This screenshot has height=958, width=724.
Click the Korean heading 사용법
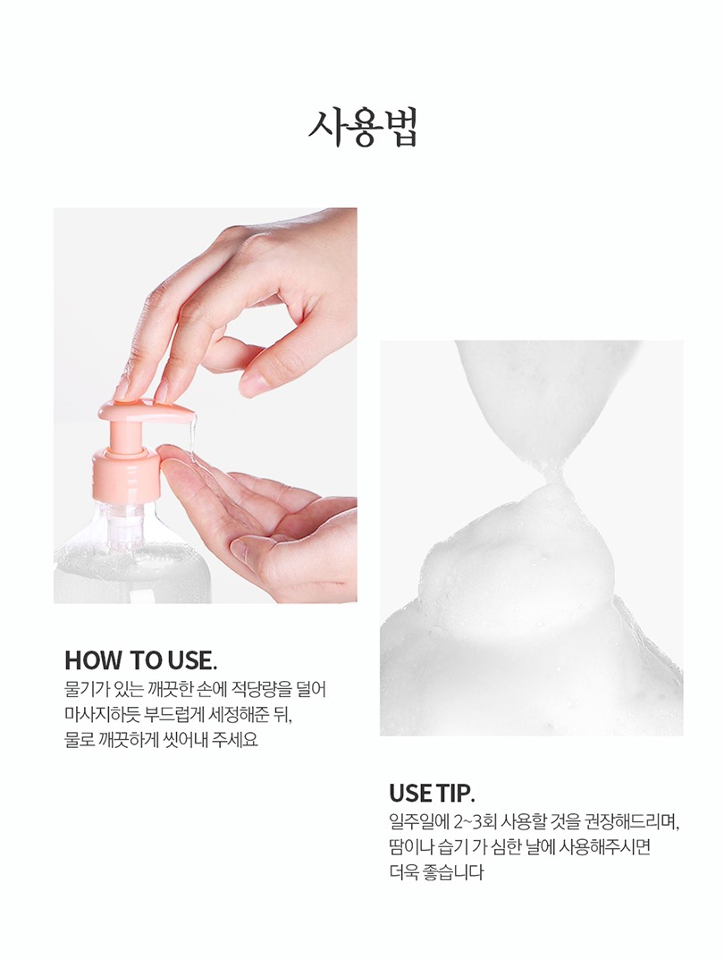[362, 129]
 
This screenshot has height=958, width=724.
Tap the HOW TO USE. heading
[140, 660]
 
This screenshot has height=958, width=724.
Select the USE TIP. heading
[432, 793]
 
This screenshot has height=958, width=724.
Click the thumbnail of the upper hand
[251, 385]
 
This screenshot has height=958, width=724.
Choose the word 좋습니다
[453, 872]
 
